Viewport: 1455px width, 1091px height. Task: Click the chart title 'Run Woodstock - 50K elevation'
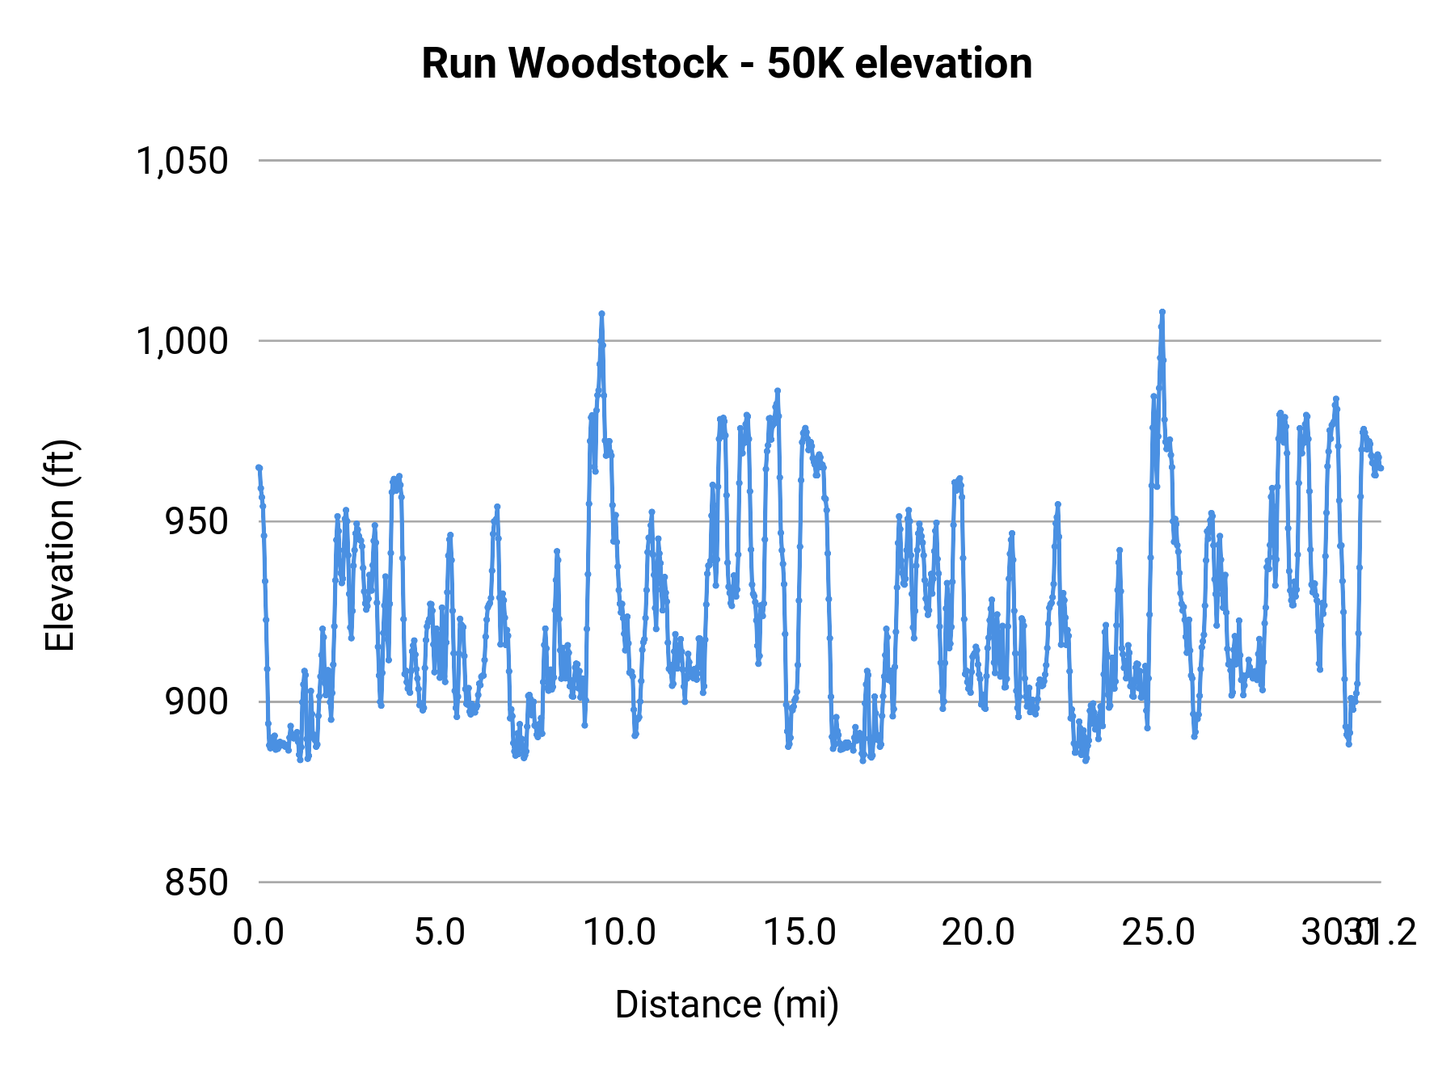pos(727,63)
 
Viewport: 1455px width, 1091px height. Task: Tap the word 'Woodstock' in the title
pos(618,63)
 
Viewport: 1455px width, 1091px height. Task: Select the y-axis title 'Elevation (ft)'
pos(60,545)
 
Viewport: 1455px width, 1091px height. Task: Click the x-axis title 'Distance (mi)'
pos(727,1005)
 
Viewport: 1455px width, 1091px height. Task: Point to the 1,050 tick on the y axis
pos(182,161)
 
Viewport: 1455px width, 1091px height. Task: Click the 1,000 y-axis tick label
pos(182,341)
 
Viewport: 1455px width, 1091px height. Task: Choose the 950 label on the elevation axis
pos(196,521)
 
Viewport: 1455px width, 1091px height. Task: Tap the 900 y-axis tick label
pos(196,701)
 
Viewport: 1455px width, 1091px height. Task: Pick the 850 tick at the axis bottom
pos(196,882)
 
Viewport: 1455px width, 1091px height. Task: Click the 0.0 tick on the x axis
pos(259,933)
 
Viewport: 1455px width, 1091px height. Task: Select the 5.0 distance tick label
pos(439,933)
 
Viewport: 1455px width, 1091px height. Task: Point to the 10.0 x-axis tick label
pos(619,933)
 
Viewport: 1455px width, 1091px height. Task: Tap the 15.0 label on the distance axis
pos(799,933)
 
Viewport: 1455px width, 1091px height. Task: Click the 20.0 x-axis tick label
pos(978,933)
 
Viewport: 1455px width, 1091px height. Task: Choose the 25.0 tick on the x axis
pos(1158,933)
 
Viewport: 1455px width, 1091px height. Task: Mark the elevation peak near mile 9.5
pos(601,314)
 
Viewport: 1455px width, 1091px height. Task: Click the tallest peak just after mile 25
pos(1162,312)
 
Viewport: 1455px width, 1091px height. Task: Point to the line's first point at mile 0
pos(259,467)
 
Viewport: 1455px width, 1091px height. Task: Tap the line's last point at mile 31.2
pos(1381,468)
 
